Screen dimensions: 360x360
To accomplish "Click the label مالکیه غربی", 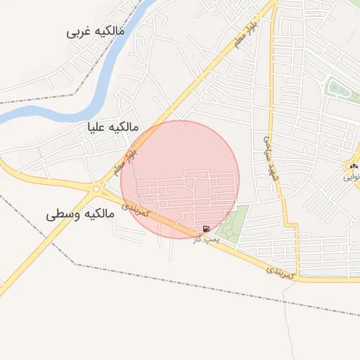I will click(96, 32).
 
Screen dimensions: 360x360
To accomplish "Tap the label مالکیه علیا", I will click(112, 127).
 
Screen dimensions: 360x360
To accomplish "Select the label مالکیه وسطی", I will click(84, 214).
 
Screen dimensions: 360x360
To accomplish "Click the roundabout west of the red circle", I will click(96, 188).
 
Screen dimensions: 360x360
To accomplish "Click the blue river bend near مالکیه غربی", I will click(105, 84).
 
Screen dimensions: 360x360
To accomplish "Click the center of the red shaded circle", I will click(180, 180).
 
